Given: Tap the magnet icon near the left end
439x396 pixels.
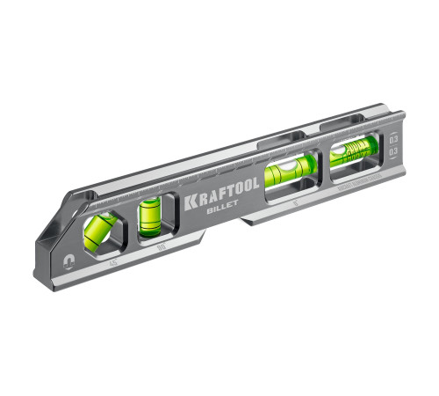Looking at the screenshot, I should point(55,260).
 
